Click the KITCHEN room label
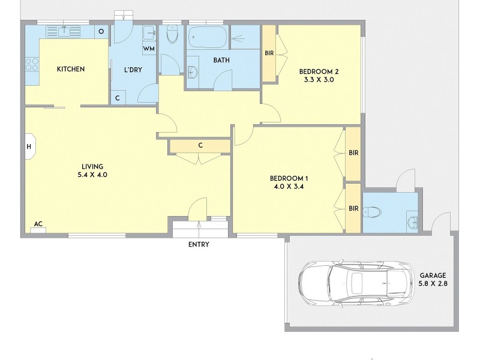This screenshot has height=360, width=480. (70, 70)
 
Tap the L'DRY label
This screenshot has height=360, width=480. (133, 70)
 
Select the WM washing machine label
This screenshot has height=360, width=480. (149, 49)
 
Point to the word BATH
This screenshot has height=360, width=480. (223, 60)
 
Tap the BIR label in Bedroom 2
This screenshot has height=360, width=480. (269, 53)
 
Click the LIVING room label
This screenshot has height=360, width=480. (93, 166)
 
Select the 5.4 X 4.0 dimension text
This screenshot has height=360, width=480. (93, 176)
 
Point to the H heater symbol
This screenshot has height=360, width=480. (29, 146)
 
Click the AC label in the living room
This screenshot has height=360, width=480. (38, 224)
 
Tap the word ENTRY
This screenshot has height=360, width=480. (199, 244)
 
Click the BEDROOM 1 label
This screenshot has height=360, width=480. (289, 178)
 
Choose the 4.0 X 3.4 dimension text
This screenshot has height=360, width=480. (289, 187)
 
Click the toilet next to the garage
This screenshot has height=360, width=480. (373, 212)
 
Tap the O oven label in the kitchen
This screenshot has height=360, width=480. (101, 31)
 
